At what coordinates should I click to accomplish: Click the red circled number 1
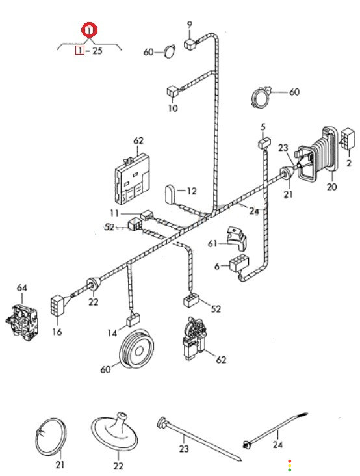90,30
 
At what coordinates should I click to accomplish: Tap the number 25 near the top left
97,50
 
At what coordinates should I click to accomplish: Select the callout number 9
190,24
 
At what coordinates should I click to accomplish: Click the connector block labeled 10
172,91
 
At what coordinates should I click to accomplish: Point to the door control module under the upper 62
132,179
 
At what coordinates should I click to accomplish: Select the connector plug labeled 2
348,139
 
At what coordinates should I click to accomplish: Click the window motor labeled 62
195,339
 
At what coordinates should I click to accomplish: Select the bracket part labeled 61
237,238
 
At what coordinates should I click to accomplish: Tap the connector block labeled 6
239,263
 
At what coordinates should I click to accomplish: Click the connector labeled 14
133,320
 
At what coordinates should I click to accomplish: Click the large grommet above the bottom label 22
114,432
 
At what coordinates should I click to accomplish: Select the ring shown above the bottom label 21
51,436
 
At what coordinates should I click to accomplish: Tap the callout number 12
192,191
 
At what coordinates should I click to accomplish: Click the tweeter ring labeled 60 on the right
261,97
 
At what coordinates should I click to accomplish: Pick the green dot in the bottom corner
290,470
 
